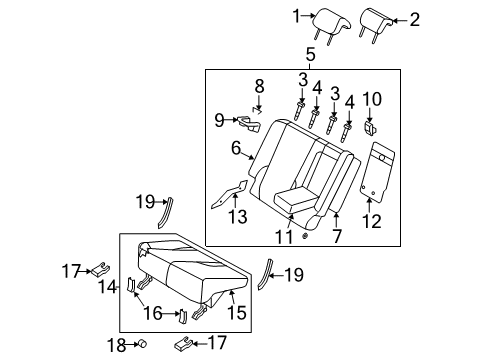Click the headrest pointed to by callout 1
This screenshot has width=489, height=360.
(331, 23)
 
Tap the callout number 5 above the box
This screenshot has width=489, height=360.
(310, 54)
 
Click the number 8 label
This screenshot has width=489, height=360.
(259, 86)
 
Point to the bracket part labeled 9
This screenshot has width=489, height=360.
(249, 124)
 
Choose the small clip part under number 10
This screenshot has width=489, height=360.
(370, 128)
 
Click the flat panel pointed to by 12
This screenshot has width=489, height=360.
(377, 172)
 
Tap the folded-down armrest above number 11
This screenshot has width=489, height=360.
(295, 199)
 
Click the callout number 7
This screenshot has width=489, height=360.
(337, 236)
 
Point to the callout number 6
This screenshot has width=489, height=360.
(236, 148)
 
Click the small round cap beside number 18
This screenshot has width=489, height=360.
(143, 344)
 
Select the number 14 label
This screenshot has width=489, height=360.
(107, 287)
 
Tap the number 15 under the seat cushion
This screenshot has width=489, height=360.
(236, 312)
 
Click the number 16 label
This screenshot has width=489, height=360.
(153, 313)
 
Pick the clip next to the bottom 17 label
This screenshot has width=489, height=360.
(184, 344)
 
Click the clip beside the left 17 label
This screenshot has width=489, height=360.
(101, 269)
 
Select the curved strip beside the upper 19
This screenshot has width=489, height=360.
(166, 213)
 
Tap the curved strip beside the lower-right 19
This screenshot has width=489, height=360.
(265, 273)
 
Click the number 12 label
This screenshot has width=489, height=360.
(371, 221)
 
